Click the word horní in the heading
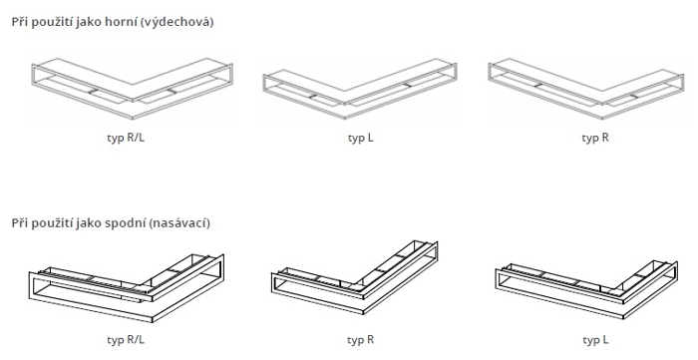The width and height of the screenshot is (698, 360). coord(120,21)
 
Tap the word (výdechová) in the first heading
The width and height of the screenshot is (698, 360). coord(176,22)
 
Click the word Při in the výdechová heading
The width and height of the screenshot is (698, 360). coord(19,21)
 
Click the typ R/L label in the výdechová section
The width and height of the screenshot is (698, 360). coord(126,138)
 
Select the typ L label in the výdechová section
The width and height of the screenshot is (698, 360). coord(361,138)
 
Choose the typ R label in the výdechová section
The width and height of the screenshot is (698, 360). coord(595,138)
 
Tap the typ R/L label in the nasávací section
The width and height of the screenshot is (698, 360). coord(126,340)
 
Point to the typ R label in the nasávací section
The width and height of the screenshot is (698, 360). coord(361,340)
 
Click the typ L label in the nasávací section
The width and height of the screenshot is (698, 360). coord(595,340)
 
